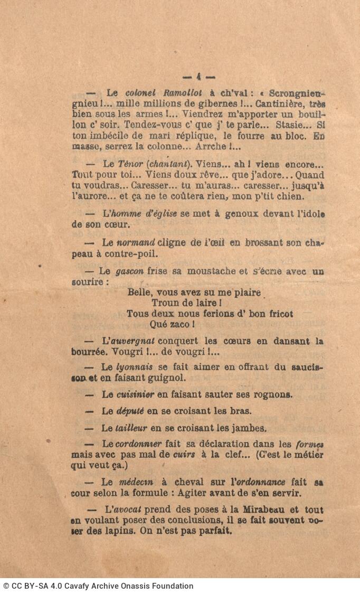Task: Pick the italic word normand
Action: coord(136,243)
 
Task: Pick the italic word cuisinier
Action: coord(135,394)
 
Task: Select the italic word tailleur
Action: coord(131,428)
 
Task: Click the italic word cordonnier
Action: coord(138,444)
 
